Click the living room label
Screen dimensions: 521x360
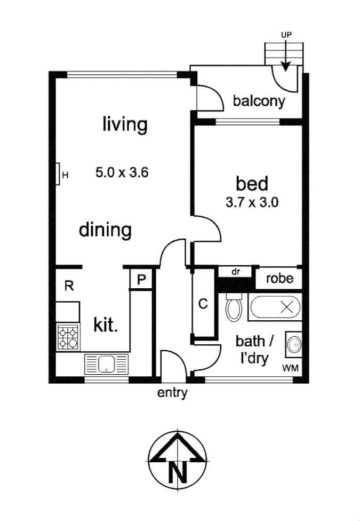124,125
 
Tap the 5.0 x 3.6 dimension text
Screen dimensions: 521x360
121,172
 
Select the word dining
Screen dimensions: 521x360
105,231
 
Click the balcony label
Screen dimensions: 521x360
259,101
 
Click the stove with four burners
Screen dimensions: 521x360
68,337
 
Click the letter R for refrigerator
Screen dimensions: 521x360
68,286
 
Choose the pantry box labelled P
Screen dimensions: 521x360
141,280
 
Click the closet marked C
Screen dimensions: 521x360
203,304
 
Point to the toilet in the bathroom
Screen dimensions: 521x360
234,307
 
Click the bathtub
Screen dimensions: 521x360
274,307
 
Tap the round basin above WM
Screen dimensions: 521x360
293,343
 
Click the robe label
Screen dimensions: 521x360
279,278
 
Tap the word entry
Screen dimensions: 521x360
172,393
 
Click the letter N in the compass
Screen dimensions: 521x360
178,471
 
